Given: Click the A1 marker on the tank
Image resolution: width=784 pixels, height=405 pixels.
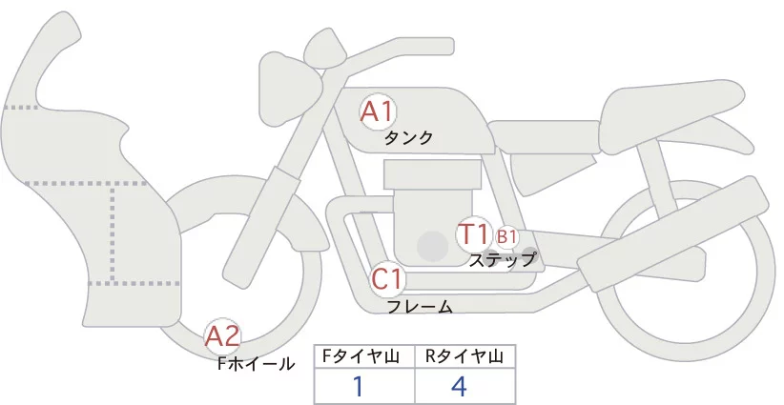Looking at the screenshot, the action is click(377, 112).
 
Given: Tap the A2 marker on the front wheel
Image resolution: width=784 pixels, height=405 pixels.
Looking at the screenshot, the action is click(222, 335).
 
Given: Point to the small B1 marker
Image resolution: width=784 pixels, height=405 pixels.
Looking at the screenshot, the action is click(506, 236).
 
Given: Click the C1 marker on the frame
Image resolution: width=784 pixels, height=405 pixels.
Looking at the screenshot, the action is click(388, 280).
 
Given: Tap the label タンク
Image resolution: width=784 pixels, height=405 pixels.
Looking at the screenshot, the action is click(408, 137).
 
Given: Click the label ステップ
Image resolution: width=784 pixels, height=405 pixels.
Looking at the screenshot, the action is click(502, 258).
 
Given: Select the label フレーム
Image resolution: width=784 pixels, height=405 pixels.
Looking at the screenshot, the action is click(420, 306).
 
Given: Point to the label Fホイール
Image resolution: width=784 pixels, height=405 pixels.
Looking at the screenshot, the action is click(257, 363).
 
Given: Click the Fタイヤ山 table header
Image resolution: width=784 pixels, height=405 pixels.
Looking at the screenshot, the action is click(365, 357).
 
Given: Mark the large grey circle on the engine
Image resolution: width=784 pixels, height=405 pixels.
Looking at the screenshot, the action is click(433, 247).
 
